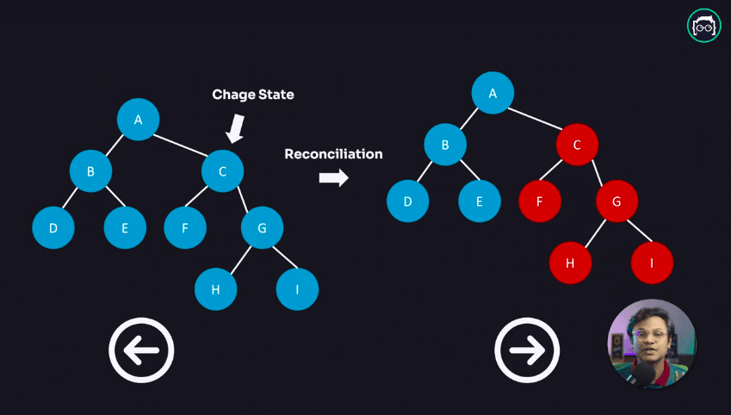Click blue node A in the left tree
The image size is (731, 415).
point(138,120)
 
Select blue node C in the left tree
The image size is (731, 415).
point(223,171)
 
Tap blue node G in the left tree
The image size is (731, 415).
point(263,228)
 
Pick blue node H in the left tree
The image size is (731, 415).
point(215,289)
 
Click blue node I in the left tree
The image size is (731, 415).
point(297,289)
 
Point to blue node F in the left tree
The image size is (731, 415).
point(185,228)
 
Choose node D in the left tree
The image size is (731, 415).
point(53,228)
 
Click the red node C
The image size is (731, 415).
point(578,145)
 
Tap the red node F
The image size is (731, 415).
point(540,202)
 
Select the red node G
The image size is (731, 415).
point(616,202)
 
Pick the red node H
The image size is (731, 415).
point(571,263)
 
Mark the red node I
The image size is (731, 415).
point(652,263)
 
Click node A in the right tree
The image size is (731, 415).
point(492,93)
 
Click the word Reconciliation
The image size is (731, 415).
point(333,154)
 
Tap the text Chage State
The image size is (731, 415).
point(253,95)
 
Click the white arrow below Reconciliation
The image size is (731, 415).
point(333,177)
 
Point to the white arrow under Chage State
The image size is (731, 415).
point(235,129)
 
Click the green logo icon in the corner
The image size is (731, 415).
point(703,26)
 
